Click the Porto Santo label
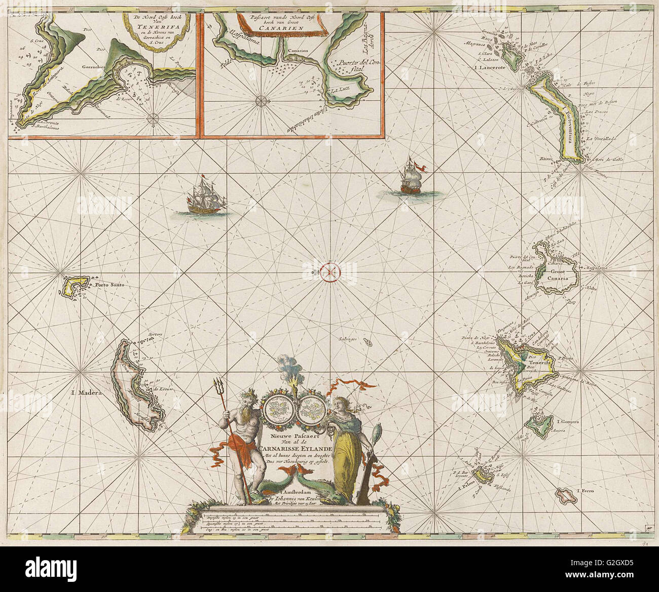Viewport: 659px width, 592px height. coord(108,285)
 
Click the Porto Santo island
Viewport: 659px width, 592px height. coord(76,287)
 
